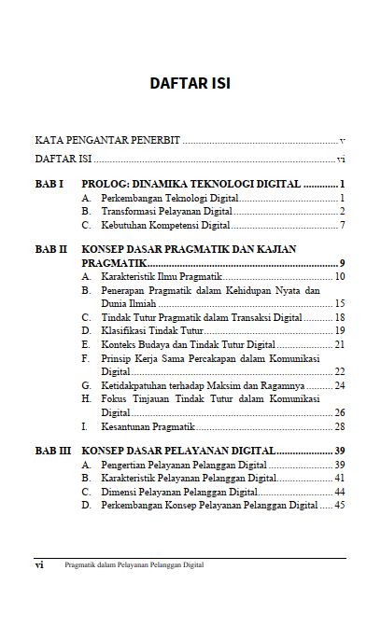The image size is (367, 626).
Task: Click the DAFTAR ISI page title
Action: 190,84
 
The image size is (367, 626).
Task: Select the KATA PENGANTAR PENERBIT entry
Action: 107,140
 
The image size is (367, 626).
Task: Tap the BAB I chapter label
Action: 49,185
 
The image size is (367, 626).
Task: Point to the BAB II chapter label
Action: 50,250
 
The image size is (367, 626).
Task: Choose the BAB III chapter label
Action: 52,452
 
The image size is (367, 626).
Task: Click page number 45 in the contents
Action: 340,506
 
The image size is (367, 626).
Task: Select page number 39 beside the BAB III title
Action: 340,452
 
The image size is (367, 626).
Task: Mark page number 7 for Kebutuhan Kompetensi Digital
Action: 343,226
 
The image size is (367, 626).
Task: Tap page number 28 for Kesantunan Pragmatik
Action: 340,426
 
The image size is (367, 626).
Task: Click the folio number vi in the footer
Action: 39,565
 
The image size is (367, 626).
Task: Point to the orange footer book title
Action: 134,565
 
